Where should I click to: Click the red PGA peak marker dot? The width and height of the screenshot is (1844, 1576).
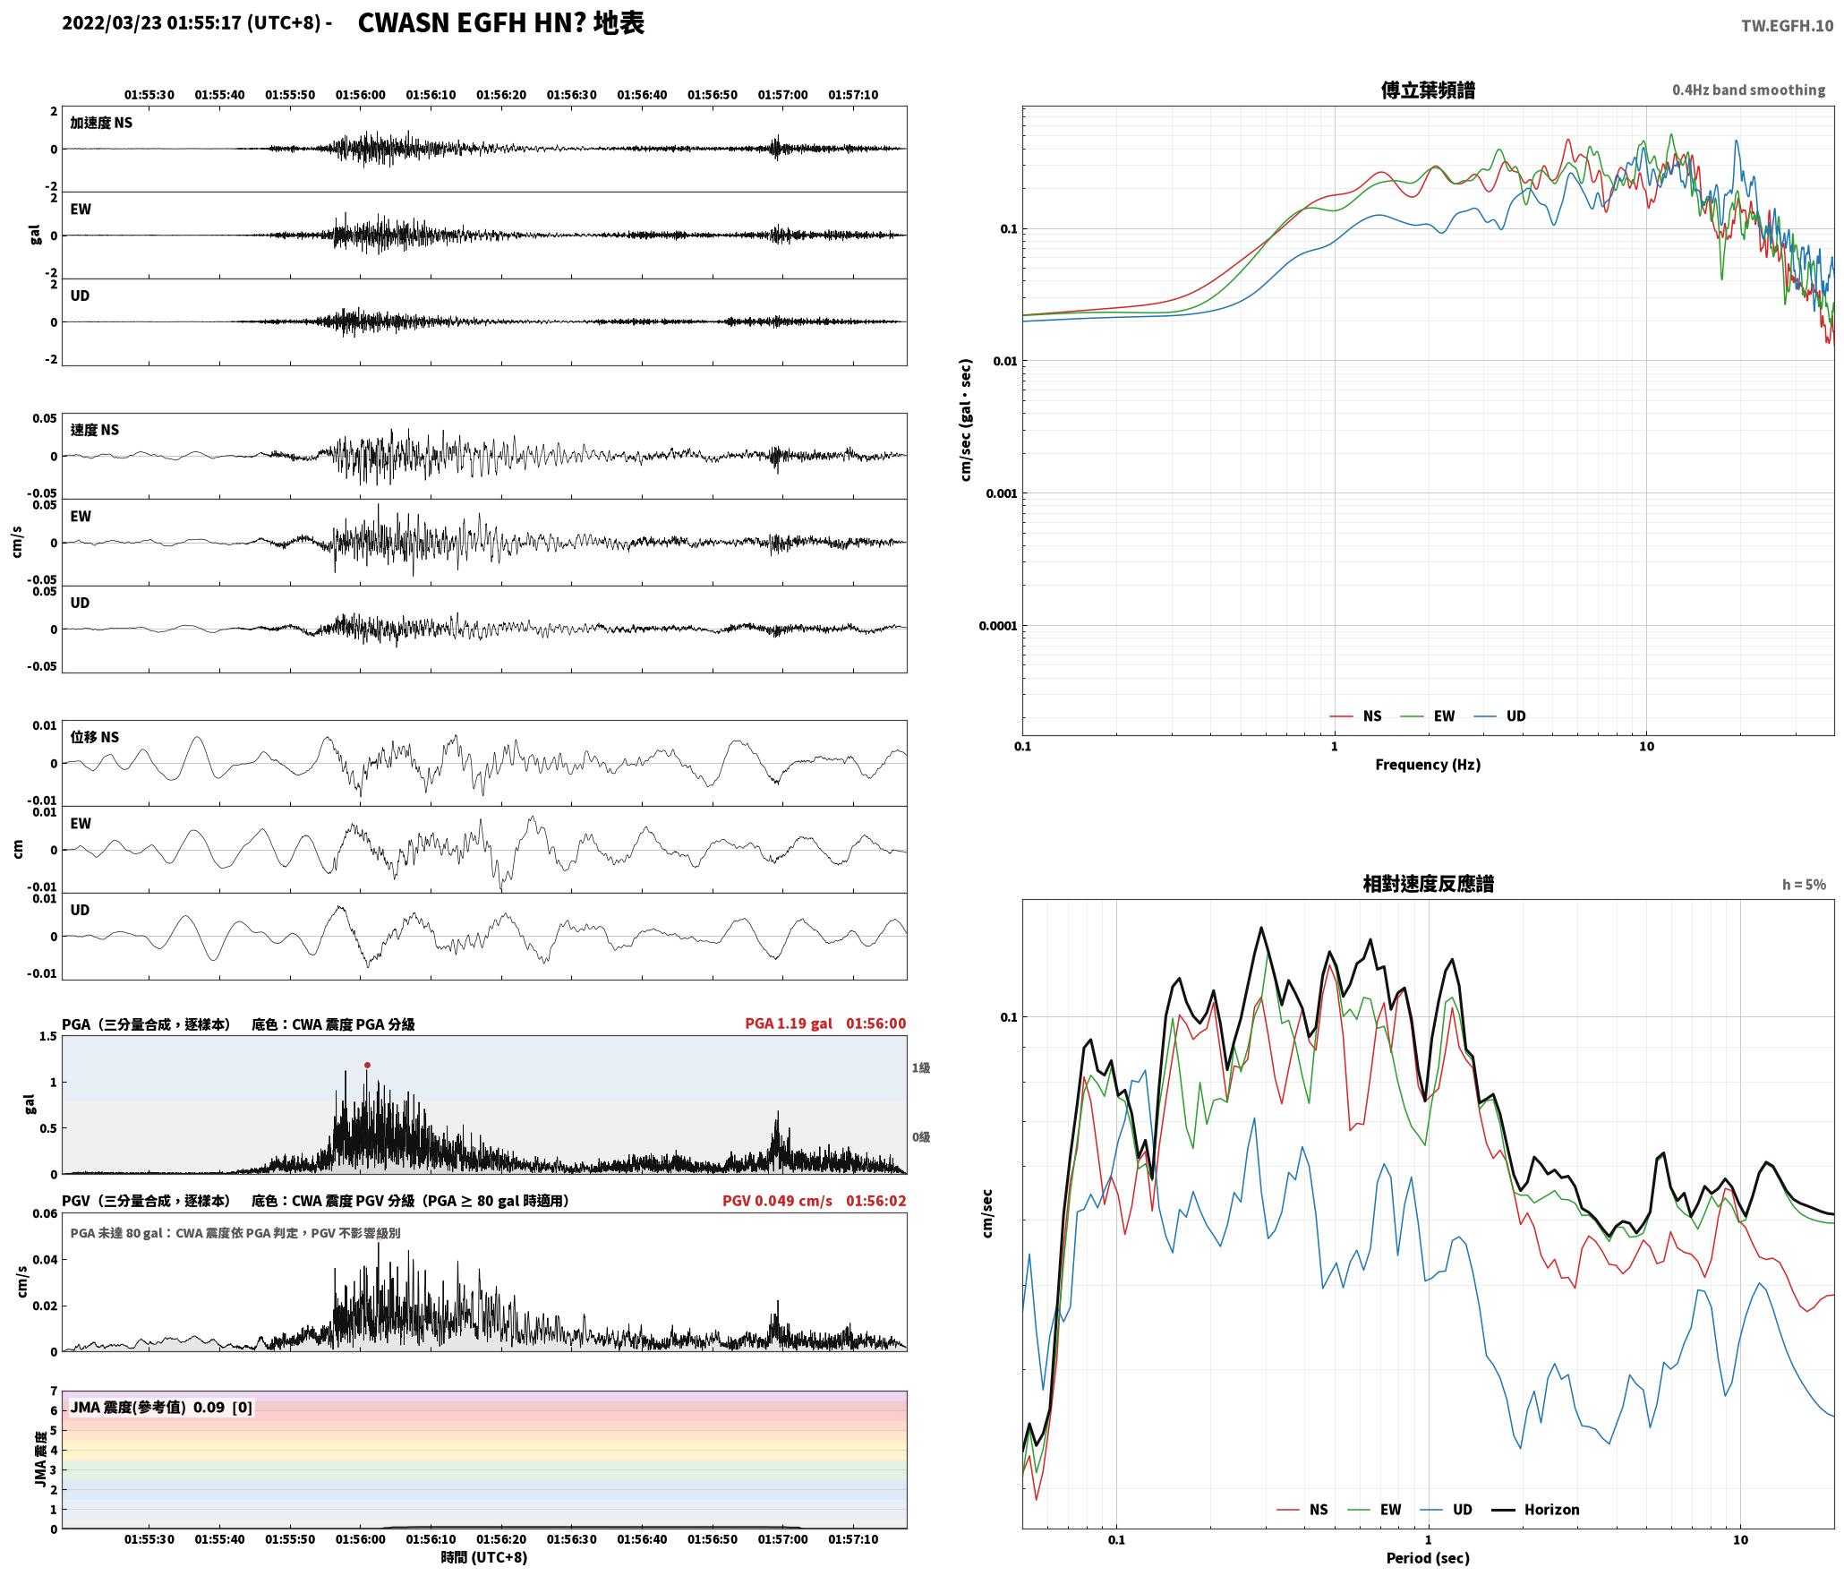pyautogui.click(x=367, y=1065)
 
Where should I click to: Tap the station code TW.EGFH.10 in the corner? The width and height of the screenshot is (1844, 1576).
pyautogui.click(x=1787, y=26)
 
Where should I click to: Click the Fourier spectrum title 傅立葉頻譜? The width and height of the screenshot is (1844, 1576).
pyautogui.click(x=1428, y=90)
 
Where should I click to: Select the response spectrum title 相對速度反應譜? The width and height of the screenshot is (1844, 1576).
pyautogui.click(x=1428, y=884)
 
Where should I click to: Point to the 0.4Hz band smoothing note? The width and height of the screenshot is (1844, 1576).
pyautogui.click(x=1748, y=90)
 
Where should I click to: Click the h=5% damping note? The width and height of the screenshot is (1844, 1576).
pyautogui.click(x=1804, y=885)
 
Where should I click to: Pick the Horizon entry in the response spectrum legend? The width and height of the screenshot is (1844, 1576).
pyautogui.click(x=1535, y=1510)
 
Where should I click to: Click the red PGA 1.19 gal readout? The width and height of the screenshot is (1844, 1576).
pyautogui.click(x=788, y=1024)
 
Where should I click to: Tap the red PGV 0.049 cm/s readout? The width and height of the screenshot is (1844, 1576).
pyautogui.click(x=777, y=1201)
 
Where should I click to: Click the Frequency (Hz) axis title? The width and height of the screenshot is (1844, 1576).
pyautogui.click(x=1428, y=765)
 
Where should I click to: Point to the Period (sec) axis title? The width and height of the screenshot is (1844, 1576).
pyautogui.click(x=1428, y=1558)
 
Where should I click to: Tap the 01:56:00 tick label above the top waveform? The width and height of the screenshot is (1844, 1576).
pyautogui.click(x=360, y=95)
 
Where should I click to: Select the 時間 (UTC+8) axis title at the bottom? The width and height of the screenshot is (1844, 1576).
pyautogui.click(x=483, y=1557)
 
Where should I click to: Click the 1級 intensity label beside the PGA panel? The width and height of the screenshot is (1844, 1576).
pyautogui.click(x=921, y=1067)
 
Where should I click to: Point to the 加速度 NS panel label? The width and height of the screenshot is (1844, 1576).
pyautogui.click(x=101, y=123)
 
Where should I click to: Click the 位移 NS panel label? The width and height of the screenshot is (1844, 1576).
pyautogui.click(x=94, y=737)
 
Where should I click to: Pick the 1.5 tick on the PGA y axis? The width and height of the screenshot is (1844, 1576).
pyautogui.click(x=47, y=1037)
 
